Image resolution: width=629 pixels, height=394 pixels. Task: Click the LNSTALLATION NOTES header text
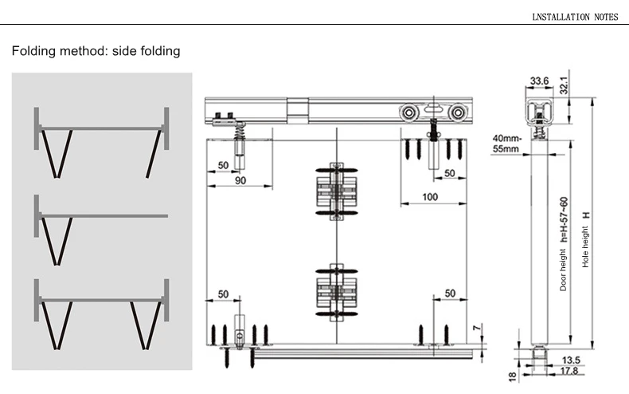[575, 17]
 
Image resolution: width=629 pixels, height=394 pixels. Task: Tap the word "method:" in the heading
[84, 51]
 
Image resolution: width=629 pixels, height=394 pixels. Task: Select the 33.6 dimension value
[539, 81]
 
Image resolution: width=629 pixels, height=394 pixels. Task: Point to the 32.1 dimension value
[564, 85]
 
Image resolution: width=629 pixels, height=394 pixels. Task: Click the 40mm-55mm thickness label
[506, 144]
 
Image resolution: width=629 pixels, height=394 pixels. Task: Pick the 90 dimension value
[240, 180]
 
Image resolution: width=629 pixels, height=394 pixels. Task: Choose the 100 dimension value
[430, 197]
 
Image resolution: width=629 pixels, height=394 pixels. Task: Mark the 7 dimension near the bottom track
[477, 328]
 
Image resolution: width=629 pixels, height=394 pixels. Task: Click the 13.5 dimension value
[571, 360]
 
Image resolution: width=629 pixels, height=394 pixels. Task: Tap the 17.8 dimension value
[569, 370]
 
